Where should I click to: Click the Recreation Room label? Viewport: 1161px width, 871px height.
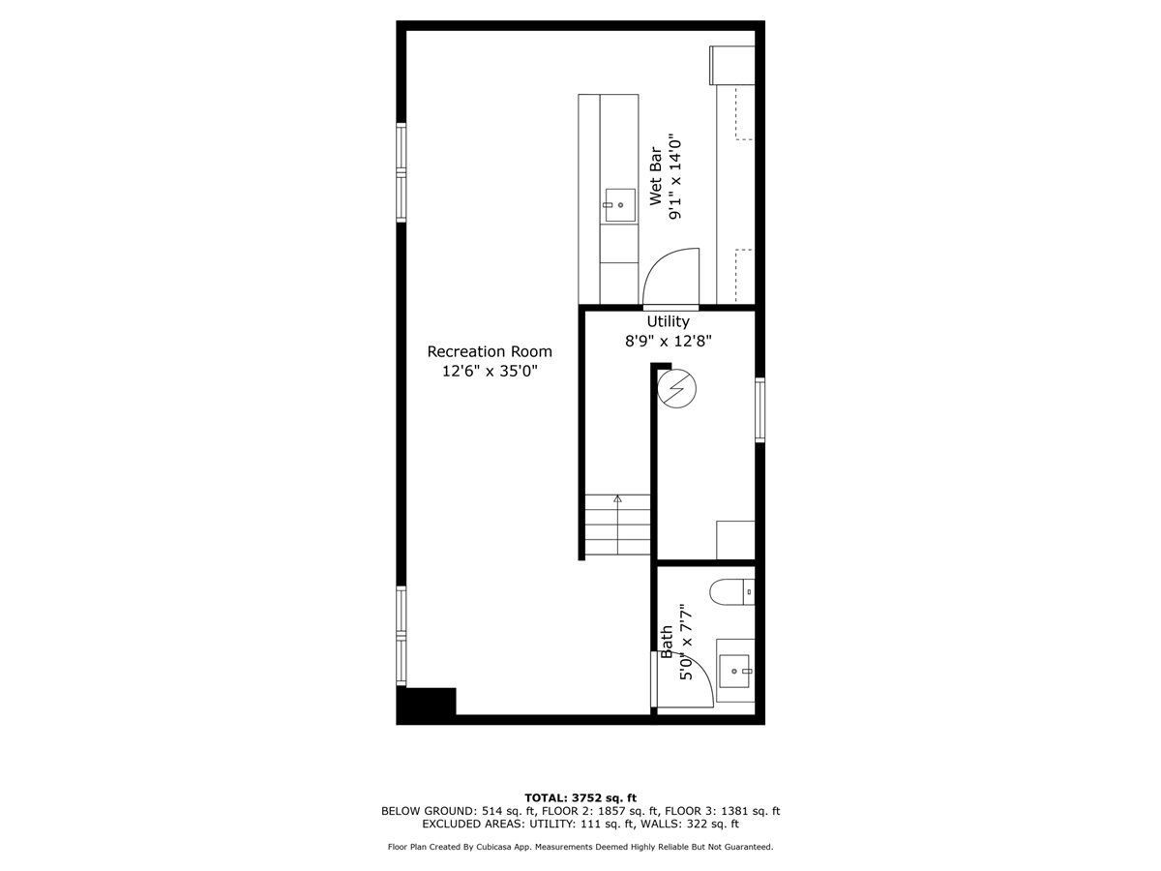(490, 351)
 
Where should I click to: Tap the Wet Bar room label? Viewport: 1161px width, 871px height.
(655, 177)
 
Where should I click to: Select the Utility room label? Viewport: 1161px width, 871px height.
(669, 321)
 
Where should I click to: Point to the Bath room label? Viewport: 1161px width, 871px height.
(667, 642)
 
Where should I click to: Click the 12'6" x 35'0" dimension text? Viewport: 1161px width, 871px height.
(490, 371)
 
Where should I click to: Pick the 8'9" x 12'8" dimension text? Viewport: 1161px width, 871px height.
(669, 341)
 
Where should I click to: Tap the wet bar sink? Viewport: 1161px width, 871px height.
(614, 205)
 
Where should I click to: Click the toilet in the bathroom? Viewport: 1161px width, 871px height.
(731, 590)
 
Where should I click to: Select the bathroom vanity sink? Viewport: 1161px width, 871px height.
(737, 669)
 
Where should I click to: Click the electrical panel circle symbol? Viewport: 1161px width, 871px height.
(675, 390)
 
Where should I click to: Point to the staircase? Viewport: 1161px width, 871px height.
(617, 524)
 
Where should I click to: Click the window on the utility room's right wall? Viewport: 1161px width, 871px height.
(760, 410)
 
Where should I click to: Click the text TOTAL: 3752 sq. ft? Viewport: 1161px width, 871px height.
(580, 797)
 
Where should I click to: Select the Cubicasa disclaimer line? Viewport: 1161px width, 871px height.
(580, 847)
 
